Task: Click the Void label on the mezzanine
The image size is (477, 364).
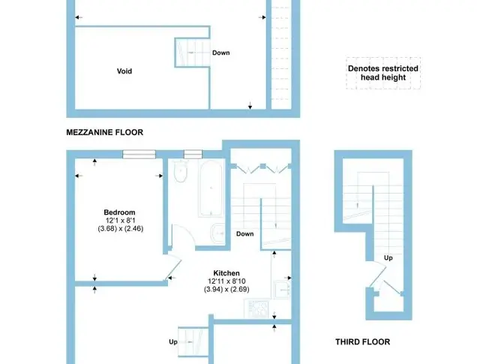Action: click(x=124, y=71)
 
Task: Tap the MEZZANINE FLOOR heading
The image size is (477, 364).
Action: click(x=105, y=132)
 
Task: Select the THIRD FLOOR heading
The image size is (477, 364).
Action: click(x=362, y=342)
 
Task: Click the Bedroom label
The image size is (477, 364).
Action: click(x=119, y=212)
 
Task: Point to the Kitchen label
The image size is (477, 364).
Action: click(x=226, y=273)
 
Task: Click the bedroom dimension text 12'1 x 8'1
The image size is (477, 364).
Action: click(x=120, y=221)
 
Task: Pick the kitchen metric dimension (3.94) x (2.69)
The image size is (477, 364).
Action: click(x=226, y=290)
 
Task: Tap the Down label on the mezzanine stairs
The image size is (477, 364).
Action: click(x=220, y=53)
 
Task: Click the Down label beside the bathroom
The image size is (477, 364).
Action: click(x=245, y=234)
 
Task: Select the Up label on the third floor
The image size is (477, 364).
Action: click(x=388, y=258)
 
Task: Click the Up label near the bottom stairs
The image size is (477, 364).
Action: click(x=173, y=342)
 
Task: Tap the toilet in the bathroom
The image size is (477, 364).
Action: click(x=180, y=172)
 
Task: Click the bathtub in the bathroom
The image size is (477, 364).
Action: click(x=211, y=188)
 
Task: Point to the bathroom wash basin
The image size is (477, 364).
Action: click(x=217, y=233)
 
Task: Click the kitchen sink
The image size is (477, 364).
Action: click(x=282, y=290)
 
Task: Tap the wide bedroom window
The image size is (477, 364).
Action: click(x=139, y=155)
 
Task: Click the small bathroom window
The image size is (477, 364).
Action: click(x=193, y=155)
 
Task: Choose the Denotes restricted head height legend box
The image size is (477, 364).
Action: click(x=383, y=73)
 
